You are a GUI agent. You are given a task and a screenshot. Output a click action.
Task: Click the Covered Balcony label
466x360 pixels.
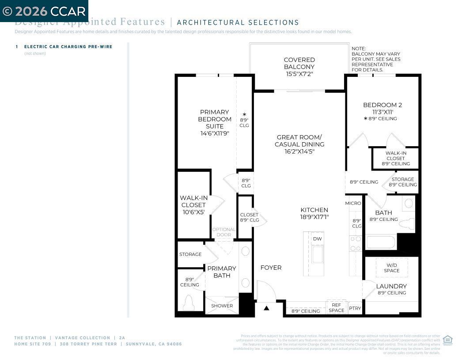click(299, 67)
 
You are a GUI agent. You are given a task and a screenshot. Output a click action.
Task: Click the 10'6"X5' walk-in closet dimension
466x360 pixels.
click(193, 212)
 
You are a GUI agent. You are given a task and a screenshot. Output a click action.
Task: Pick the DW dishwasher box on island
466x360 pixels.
click(317, 239)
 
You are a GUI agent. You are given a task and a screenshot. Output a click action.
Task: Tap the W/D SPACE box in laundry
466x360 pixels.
click(391, 268)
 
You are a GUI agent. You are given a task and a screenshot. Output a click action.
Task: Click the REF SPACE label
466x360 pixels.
click(336, 307)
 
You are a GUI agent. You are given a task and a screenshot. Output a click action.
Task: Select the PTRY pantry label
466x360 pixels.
click(355, 308)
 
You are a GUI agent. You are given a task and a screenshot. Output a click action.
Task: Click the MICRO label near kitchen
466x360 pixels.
click(353, 203)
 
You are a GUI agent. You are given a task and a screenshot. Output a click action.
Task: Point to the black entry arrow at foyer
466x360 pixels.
click(266, 308)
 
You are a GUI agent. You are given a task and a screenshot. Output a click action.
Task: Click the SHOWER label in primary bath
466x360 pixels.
click(222, 306)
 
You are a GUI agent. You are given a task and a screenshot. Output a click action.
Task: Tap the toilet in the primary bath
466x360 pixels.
click(189, 303)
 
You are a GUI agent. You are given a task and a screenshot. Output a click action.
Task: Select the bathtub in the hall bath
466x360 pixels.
click(381, 242)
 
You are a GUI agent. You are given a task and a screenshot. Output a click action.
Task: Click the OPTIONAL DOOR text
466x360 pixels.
click(224, 232)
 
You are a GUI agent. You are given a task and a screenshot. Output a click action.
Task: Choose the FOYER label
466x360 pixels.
click(271, 268)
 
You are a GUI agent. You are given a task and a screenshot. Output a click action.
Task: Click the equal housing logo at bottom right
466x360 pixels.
click(447, 340)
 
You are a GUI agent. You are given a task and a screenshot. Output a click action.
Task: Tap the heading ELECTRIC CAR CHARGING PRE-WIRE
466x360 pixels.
click(68, 46)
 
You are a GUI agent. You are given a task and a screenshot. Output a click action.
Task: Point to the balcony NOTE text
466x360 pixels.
click(376, 59)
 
